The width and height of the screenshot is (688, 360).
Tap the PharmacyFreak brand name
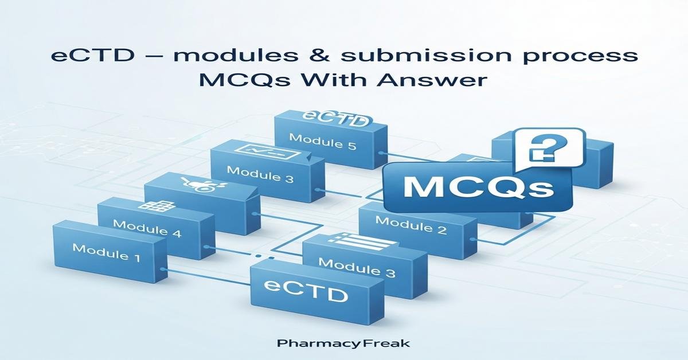click(343, 345)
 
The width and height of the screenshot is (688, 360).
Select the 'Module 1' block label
click(107, 253)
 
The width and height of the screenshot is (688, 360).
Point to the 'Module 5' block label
click(322, 140)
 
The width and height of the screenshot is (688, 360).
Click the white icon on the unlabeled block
click(204, 183)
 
